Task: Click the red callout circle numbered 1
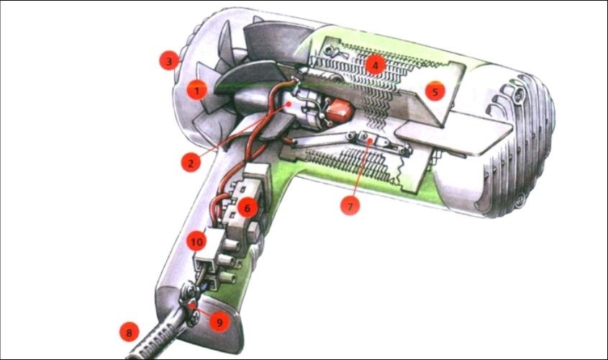(197, 91)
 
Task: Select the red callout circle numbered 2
(191, 162)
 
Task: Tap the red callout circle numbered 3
(170, 61)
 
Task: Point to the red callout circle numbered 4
(375, 65)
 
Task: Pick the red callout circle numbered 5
(435, 91)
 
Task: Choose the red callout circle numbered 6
(248, 207)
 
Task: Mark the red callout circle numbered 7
(350, 205)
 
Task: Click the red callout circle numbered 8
(129, 332)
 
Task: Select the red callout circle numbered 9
(219, 322)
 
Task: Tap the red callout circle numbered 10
(196, 242)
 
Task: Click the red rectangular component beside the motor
(339, 111)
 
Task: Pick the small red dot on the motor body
(288, 104)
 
